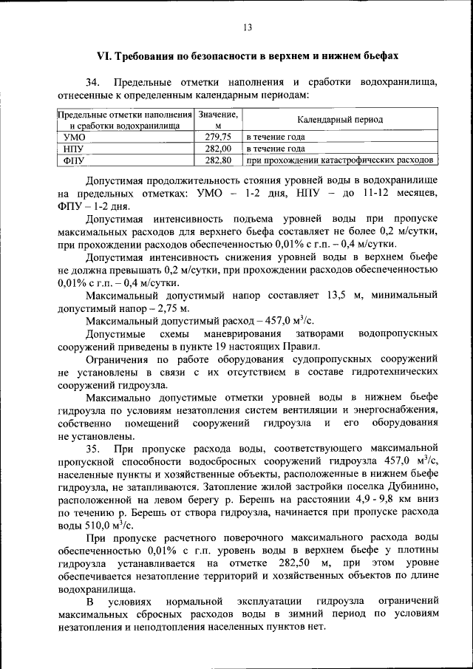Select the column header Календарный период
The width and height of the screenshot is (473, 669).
(x=340, y=119)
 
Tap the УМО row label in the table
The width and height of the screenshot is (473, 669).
(x=75, y=137)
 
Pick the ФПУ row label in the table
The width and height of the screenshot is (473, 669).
(x=75, y=160)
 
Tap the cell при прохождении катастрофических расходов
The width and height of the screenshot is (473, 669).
(x=339, y=160)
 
